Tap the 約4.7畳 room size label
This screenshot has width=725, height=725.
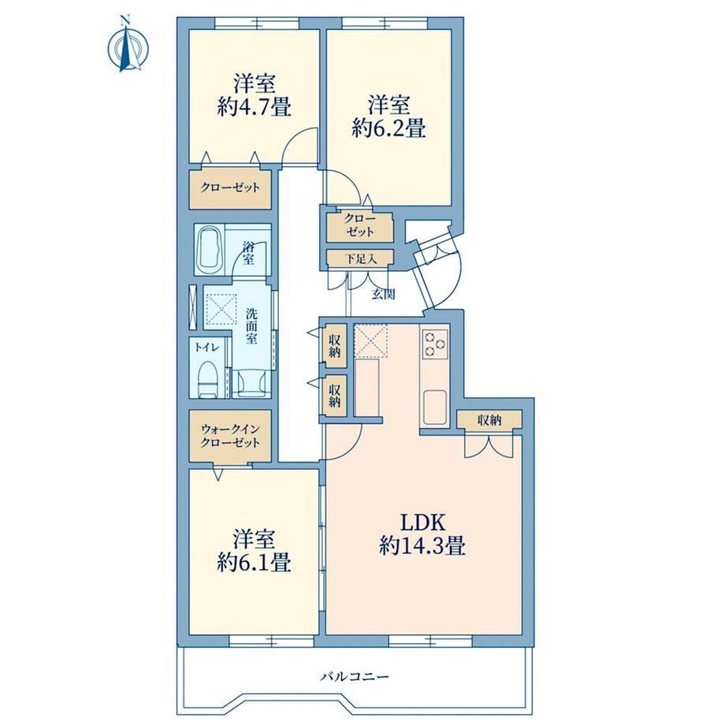click(x=255, y=108)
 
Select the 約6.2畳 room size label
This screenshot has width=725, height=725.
click(x=389, y=128)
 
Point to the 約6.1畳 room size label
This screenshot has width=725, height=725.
click(x=255, y=563)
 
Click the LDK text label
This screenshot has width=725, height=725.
click(x=422, y=523)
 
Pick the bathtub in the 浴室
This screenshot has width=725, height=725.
click(x=209, y=250)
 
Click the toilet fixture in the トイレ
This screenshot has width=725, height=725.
click(x=207, y=380)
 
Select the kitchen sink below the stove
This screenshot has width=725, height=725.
click(x=435, y=407)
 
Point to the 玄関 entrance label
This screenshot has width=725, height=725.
click(x=383, y=294)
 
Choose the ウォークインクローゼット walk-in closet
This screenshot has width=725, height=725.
click(x=230, y=436)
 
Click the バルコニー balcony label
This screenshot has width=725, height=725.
click(x=355, y=676)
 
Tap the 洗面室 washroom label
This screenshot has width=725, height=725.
click(x=251, y=325)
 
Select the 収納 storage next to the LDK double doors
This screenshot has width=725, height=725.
click(x=489, y=419)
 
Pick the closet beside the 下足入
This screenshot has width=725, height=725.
click(x=359, y=226)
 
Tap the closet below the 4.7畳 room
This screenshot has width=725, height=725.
click(x=230, y=188)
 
